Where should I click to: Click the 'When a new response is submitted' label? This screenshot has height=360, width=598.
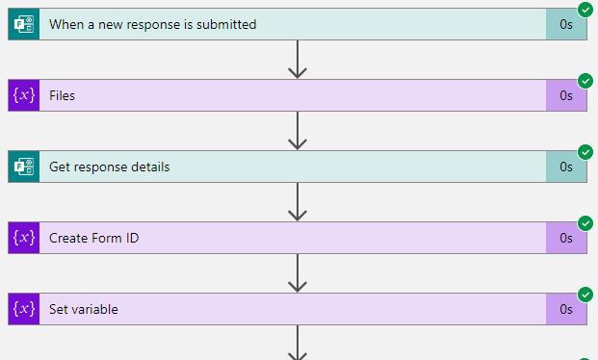pos(152,24)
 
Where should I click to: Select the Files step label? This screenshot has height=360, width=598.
pos(62,95)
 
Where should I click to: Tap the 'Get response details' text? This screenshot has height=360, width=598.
pos(109,167)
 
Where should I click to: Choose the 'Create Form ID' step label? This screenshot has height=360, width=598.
pos(93,238)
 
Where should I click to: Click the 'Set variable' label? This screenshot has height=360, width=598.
pos(84,309)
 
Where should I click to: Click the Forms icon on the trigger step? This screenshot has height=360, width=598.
pos(24,24)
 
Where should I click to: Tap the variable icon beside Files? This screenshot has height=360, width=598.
pos(24,95)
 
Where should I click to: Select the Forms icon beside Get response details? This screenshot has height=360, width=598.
pos(24,167)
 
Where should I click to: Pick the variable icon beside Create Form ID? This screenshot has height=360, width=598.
pos(24,238)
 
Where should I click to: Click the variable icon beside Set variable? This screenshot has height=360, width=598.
pos(24,309)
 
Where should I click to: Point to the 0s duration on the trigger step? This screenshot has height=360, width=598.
pos(566,24)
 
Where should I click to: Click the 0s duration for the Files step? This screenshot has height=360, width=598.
pos(566,95)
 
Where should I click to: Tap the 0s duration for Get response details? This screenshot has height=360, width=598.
pos(566,167)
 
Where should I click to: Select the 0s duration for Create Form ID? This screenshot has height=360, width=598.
pos(566,238)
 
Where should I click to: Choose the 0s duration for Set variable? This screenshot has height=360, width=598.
pos(566,309)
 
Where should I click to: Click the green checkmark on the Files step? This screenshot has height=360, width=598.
pos(585,81)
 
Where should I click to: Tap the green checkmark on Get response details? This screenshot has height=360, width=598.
pos(585,152)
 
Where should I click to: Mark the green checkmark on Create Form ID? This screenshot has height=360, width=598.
pos(585,223)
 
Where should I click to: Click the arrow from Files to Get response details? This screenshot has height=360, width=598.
pos(298,131)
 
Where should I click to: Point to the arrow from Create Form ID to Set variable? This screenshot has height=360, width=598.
pos(298,273)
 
